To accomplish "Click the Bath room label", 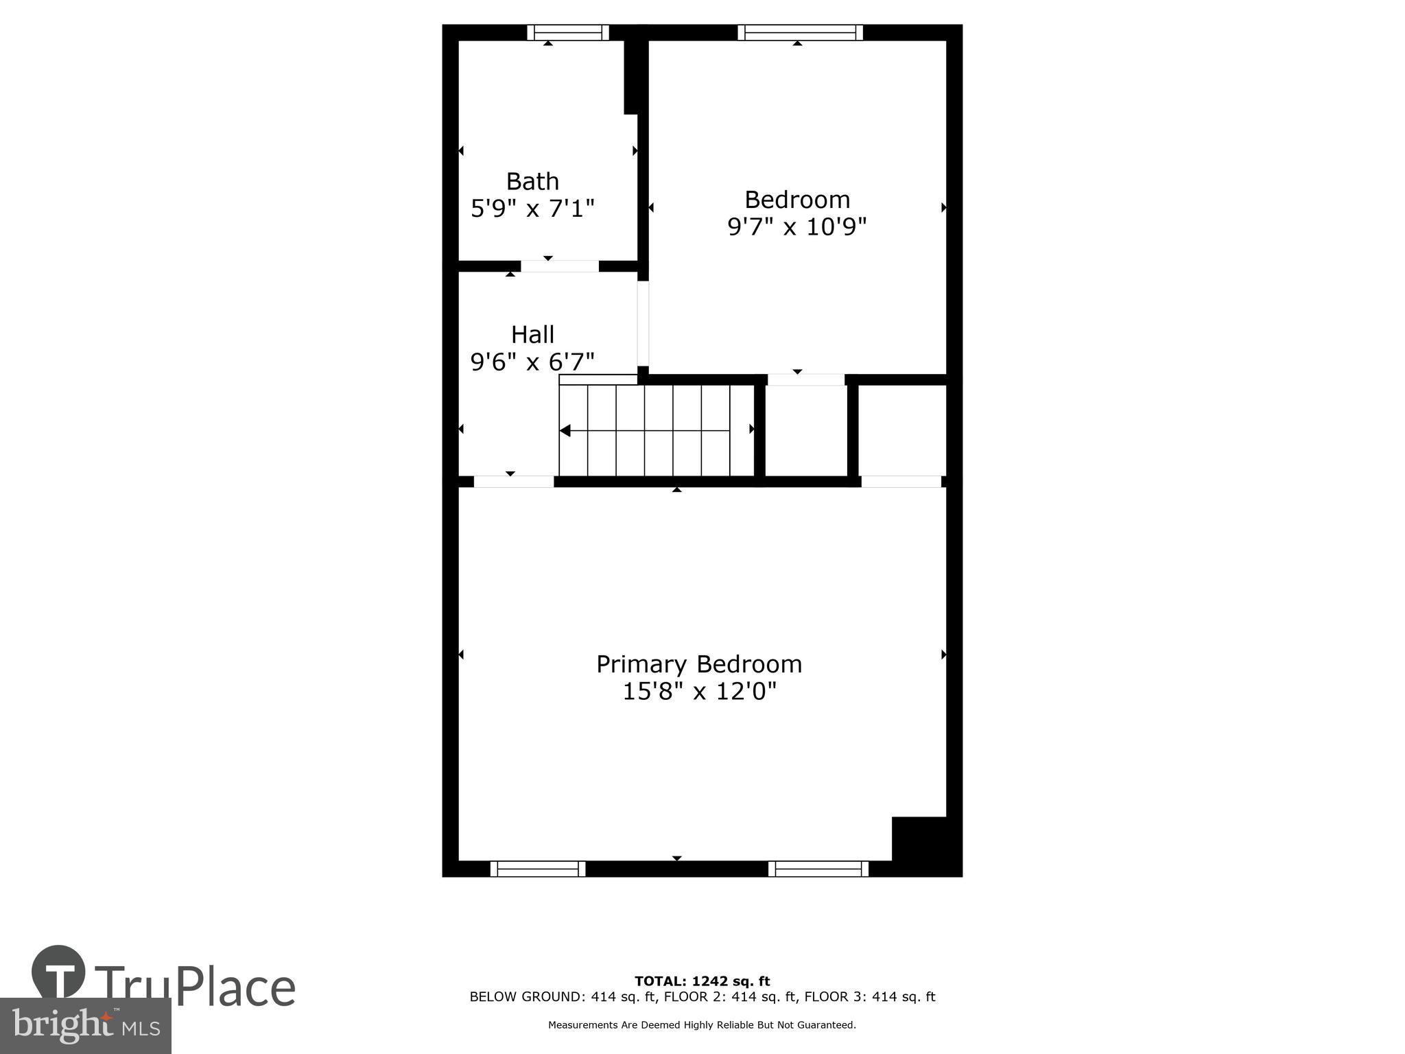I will [x=532, y=181].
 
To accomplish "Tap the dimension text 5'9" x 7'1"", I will [x=532, y=208].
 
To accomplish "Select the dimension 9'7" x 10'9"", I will [x=797, y=226].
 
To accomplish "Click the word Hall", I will [x=532, y=335].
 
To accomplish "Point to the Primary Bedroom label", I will [x=698, y=664].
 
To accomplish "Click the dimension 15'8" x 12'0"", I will [x=698, y=691].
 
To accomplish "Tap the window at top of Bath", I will [x=568, y=32].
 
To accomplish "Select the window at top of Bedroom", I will [x=800, y=32].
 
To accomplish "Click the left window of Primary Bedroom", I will [x=538, y=869].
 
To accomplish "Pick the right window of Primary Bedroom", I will [x=818, y=869].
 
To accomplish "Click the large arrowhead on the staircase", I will [x=565, y=431].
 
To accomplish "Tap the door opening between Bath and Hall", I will [x=559, y=266].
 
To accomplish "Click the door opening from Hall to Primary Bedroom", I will [x=513, y=482].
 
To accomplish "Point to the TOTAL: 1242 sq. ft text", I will [x=702, y=981].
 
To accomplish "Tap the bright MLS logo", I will [x=85, y=1025].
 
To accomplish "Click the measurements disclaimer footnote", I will [x=702, y=1025].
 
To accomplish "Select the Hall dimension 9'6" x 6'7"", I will [x=532, y=362].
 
